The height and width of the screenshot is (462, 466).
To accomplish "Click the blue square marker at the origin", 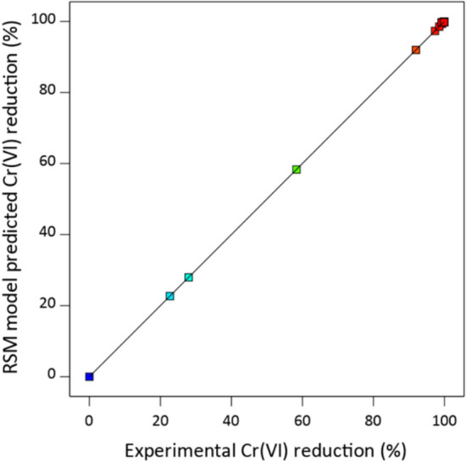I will tap(89, 376).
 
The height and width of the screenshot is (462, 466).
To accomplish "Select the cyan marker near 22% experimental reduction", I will tap(169, 296).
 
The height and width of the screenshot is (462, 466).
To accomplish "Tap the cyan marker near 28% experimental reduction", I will tap(189, 277).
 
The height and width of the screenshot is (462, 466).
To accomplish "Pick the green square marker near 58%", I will tap(297, 170).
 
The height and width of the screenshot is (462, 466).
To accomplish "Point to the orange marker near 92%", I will tap(416, 50).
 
